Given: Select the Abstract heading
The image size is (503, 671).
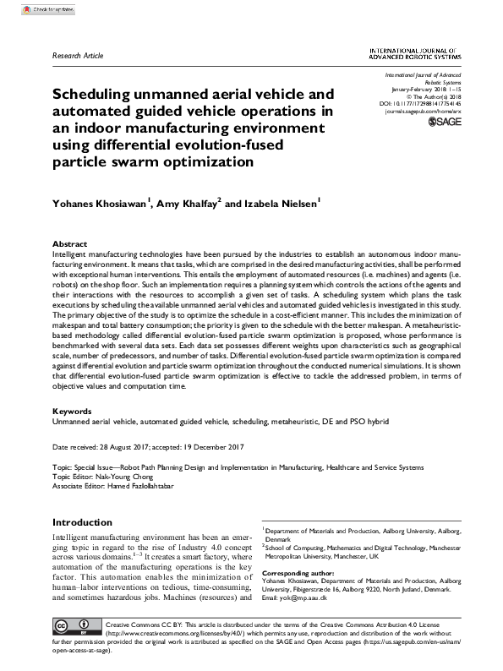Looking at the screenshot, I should click(x=69, y=243).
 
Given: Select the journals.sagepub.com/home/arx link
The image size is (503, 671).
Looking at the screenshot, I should click(x=424, y=111).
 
